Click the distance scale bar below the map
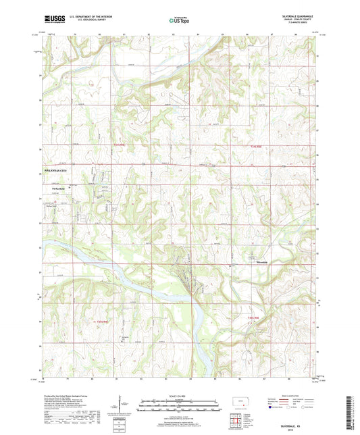(x=179, y=407)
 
